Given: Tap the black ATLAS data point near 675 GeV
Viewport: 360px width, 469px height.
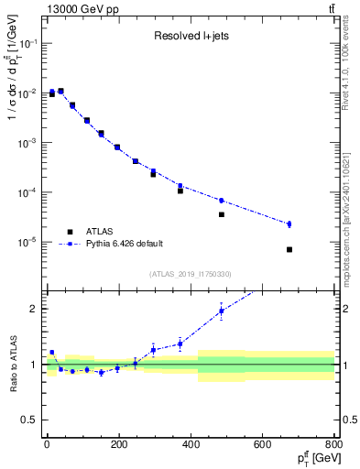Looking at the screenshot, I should [x=289, y=249].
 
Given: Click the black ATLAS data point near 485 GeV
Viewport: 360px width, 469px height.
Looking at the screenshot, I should [x=222, y=214].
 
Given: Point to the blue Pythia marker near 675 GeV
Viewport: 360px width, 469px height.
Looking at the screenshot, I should [x=289, y=224].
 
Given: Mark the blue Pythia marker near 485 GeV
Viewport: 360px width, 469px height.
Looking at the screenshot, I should [x=222, y=201].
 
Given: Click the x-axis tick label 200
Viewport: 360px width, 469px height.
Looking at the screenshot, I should [x=118, y=446].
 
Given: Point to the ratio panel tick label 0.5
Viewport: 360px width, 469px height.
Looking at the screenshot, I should [x=30, y=420].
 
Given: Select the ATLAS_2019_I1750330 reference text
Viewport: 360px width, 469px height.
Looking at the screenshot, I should [x=190, y=273].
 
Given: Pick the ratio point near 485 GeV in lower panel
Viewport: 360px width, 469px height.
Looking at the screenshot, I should [x=222, y=311].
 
